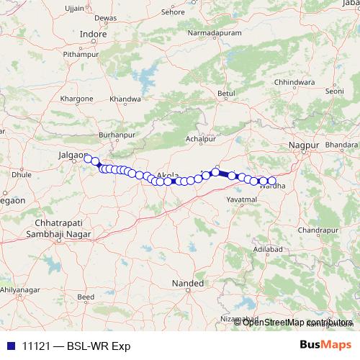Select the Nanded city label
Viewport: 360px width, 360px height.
click(187, 284)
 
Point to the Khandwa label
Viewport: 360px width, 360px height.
click(125, 99)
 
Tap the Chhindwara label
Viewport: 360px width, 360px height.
click(295, 83)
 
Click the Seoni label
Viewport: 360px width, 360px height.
click(335, 91)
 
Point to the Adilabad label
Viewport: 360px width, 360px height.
click(268, 248)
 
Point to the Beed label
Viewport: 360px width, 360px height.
click(86, 296)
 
